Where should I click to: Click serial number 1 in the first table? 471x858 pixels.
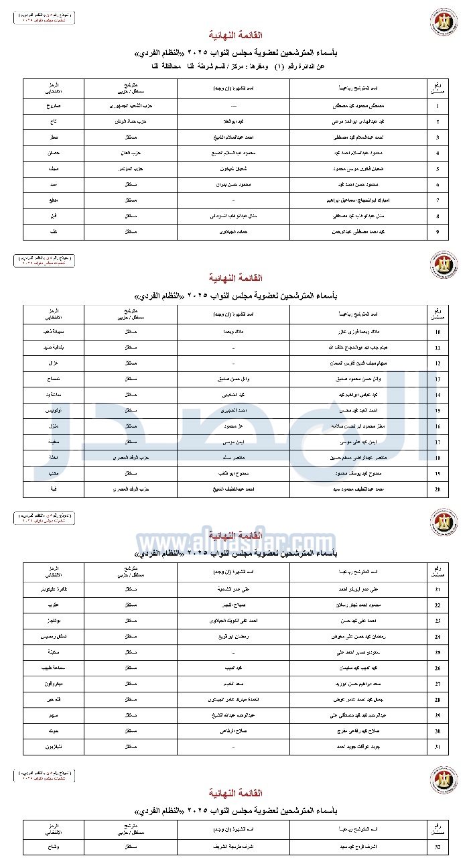click(x=438, y=106)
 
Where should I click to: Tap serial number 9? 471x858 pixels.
click(x=438, y=232)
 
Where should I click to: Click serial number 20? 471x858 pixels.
click(x=438, y=489)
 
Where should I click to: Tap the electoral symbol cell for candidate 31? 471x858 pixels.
click(x=54, y=747)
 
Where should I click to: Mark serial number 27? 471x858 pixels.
click(x=438, y=684)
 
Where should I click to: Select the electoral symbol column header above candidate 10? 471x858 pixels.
click(x=54, y=314)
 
